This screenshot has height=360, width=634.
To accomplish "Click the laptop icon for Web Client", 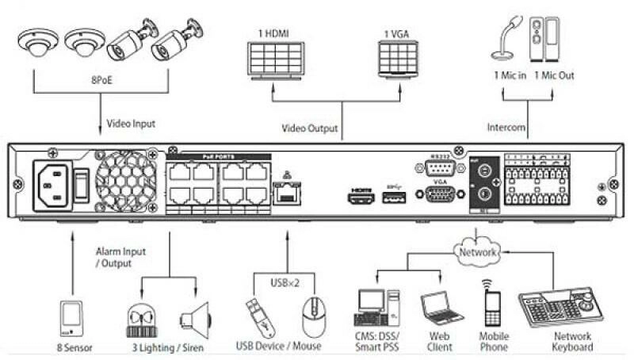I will (438, 305).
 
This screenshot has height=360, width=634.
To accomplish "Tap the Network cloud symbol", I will (477, 251).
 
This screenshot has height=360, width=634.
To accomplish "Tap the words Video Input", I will (131, 124).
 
